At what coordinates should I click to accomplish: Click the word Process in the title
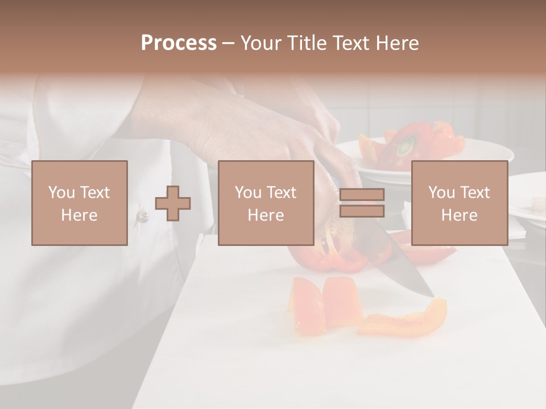tap(179, 43)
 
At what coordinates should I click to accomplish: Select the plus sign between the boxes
tap(173, 203)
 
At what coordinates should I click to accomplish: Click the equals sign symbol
tap(362, 203)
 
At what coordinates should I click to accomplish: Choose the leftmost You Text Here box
tap(80, 203)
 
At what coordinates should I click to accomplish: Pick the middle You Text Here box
tap(266, 203)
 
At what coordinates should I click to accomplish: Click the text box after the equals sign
tap(459, 203)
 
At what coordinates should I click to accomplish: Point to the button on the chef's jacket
tap(143, 216)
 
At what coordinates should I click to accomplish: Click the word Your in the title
tap(260, 43)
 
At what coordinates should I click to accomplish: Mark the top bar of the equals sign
tap(362, 195)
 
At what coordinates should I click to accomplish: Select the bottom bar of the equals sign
tap(362, 211)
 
